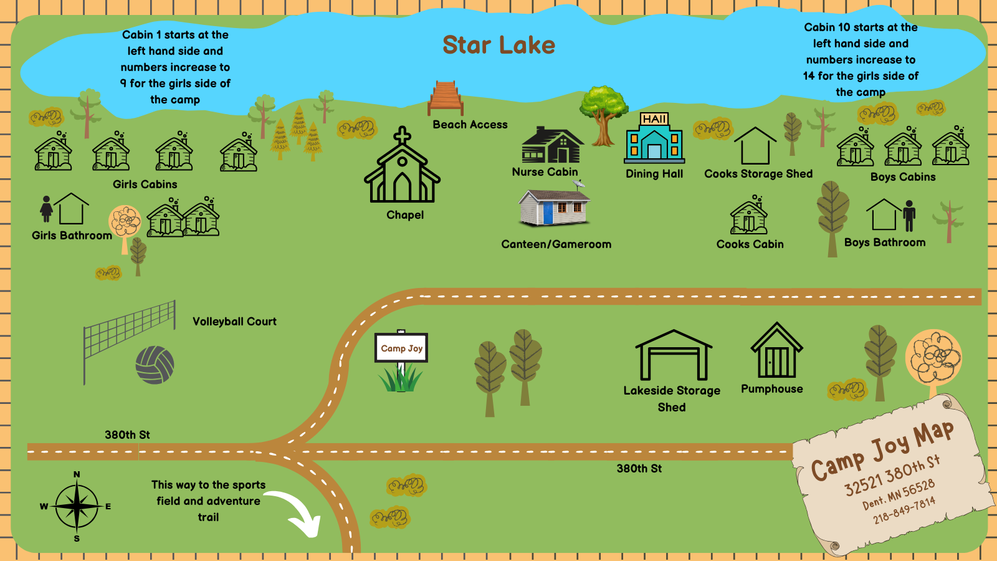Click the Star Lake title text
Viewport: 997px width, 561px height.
coord(499,45)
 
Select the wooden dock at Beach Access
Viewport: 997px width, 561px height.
coord(446,98)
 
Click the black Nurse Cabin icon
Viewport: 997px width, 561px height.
coord(551,146)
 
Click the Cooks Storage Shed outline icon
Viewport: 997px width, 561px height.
coord(755,147)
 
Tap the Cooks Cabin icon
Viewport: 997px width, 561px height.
coord(749,216)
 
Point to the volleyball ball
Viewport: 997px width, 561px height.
coord(155,365)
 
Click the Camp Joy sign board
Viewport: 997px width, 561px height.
coord(401,348)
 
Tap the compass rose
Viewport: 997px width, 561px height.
coord(77,506)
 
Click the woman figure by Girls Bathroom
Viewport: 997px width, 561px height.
coord(46,209)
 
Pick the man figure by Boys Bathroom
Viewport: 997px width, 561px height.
coord(909,216)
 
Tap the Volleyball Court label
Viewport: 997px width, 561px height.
coord(234,322)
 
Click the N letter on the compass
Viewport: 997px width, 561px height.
coord(77,474)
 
